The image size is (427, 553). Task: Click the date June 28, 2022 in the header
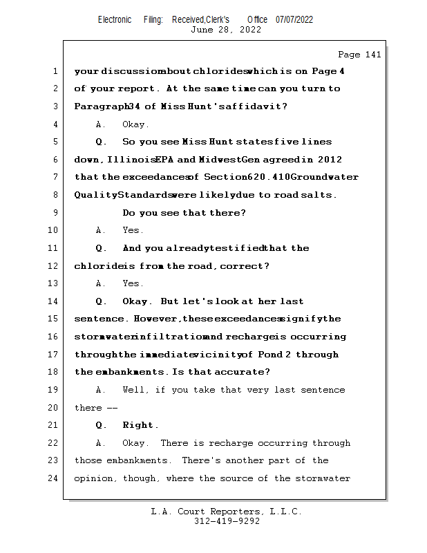point(226,30)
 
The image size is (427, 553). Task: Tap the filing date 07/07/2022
point(294,19)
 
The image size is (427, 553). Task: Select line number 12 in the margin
point(54,266)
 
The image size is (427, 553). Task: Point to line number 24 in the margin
point(54,478)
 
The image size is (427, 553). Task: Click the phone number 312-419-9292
point(227,522)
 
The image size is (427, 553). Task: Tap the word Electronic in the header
point(115,19)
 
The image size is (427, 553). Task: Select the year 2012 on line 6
point(330,160)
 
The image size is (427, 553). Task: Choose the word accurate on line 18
point(243,372)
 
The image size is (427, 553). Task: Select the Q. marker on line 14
point(101,301)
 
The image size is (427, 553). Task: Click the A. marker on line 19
point(101,390)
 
